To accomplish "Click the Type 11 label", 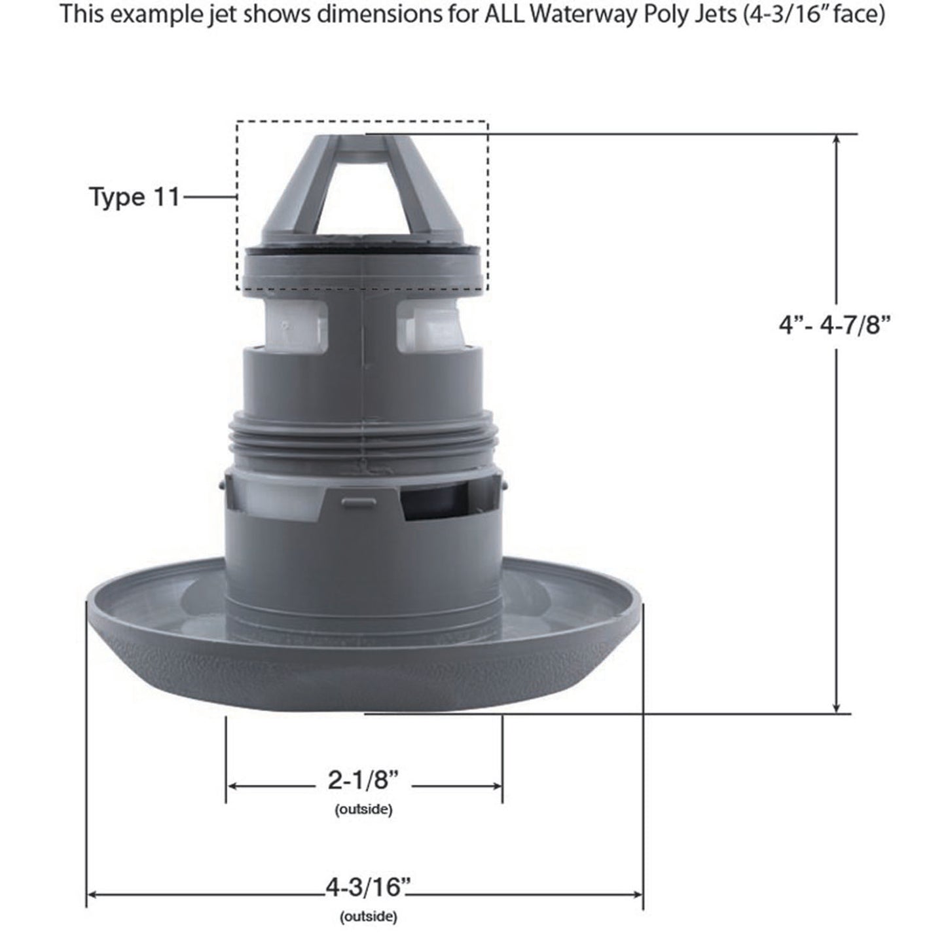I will tap(134, 197).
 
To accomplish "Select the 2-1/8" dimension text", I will tap(363, 780).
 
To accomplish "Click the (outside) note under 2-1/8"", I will tap(363, 810).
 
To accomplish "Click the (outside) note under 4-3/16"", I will tap(368, 917).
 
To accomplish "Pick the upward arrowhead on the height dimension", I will tap(836, 139).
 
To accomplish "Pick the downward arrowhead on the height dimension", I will tap(836, 708).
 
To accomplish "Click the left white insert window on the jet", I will tap(297, 325).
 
